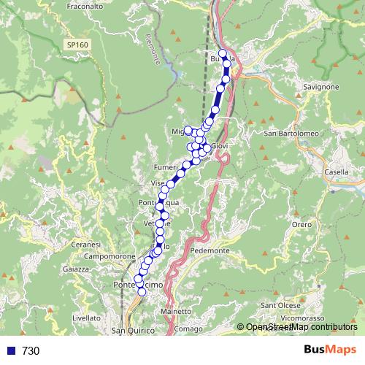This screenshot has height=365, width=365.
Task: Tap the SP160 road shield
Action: [x=76, y=45]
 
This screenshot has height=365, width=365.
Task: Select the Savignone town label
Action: [x=320, y=87]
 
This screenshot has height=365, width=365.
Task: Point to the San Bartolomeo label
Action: [x=291, y=134]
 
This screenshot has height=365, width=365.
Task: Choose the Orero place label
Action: [x=302, y=226]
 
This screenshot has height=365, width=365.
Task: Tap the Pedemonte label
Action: [x=210, y=250]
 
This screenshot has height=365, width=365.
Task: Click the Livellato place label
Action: [x=86, y=318]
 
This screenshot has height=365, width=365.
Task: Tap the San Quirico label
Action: [x=133, y=331]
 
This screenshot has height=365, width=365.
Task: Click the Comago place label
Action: [x=188, y=329]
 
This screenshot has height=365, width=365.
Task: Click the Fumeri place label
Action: [x=165, y=168]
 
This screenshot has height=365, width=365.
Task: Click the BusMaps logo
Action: [x=331, y=350]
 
